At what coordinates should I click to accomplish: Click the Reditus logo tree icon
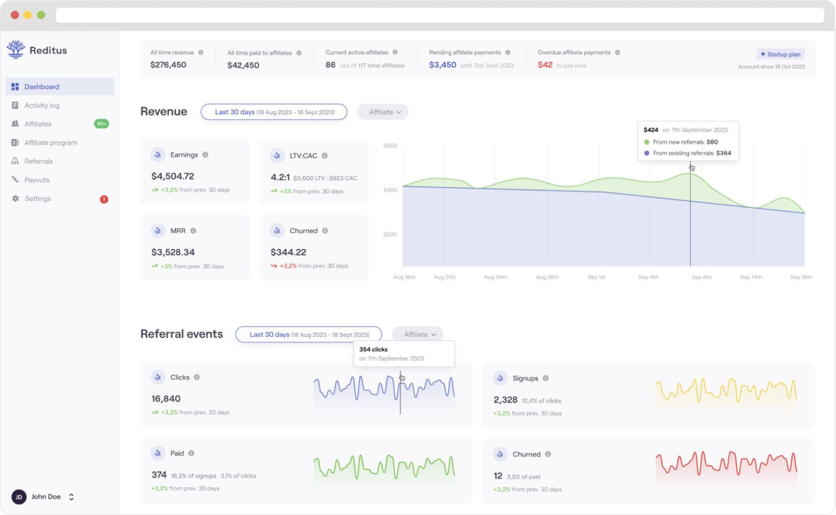pos(16,49)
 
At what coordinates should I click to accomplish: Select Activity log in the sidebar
pos(41,106)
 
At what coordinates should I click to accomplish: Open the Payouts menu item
pos(36,180)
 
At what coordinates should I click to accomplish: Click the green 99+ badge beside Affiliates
pos(101,124)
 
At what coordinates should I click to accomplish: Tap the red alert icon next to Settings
pos(104,199)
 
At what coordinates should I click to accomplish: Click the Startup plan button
pos(780,54)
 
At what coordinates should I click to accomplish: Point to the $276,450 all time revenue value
pos(168,65)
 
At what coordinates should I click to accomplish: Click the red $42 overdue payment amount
pos(545,65)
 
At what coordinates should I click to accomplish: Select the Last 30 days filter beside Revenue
pos(274,112)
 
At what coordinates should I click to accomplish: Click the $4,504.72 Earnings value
pos(173,176)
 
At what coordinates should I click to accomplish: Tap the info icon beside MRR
pos(193,231)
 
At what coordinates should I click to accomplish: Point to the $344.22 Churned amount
pos(288,252)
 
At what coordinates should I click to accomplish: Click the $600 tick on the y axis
pos(390,146)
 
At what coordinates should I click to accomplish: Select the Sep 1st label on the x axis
pos(596,277)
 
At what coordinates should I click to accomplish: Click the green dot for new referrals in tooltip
pos(647,142)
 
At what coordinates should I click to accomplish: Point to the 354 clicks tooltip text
pos(373,350)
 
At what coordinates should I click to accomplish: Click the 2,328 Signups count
pos(505,400)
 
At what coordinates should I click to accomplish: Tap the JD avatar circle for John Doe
pos(19,497)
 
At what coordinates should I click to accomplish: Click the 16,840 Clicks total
pos(166,399)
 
